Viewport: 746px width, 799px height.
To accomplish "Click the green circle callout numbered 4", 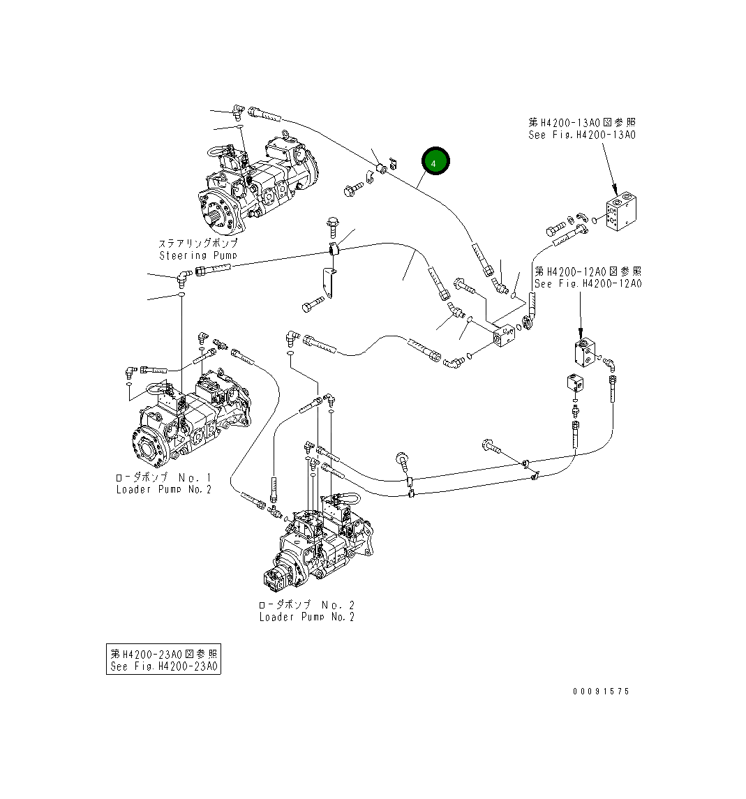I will pyautogui.click(x=435, y=162).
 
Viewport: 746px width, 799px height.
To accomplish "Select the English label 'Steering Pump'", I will pyautogui.click(x=198, y=255).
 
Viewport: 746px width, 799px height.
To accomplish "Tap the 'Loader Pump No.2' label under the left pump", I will pyautogui.click(x=163, y=489).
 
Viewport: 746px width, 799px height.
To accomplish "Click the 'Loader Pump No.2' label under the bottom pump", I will pyautogui.click(x=306, y=617).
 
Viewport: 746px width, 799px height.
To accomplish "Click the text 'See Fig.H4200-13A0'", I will pyautogui.click(x=581, y=135).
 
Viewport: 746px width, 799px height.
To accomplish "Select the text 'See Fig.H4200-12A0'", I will pyautogui.click(x=588, y=283).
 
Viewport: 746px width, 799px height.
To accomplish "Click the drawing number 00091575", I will pyautogui.click(x=600, y=691).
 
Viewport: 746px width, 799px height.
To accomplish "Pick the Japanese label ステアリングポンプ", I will pyautogui.click(x=198, y=244).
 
